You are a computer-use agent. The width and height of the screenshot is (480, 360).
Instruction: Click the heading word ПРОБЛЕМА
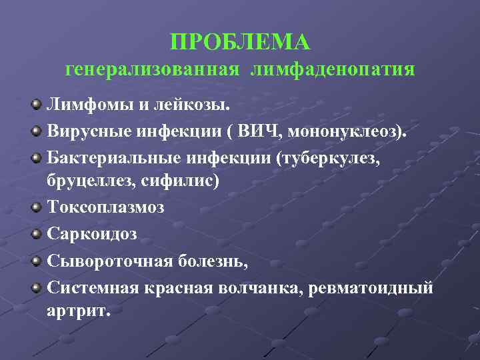(240, 42)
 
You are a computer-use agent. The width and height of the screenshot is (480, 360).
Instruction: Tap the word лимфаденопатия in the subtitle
(333, 69)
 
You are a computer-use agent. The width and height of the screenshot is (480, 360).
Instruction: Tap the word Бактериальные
(103, 158)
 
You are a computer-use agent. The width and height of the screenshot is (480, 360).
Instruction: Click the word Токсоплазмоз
(106, 207)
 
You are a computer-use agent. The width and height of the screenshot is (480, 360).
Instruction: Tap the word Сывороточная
(110, 261)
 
